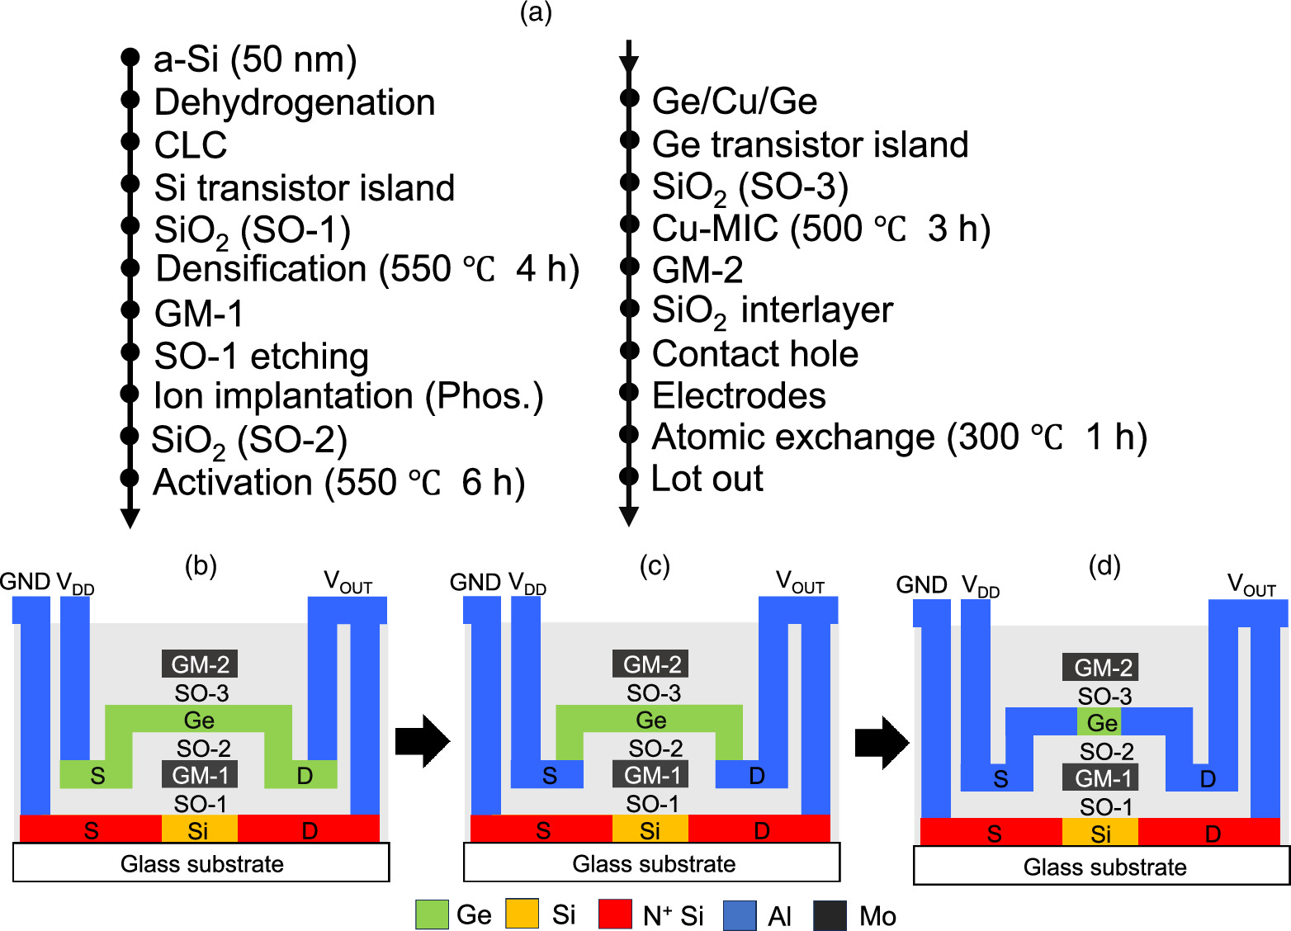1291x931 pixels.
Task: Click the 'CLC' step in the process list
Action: coord(191,145)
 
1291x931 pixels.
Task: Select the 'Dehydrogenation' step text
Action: coord(295,102)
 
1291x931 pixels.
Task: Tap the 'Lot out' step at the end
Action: coord(707,479)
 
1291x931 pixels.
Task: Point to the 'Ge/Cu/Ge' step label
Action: coord(735,102)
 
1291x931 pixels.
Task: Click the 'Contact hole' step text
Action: coord(754,353)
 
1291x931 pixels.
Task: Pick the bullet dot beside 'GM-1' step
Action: coord(130,310)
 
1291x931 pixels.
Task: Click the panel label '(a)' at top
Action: coord(536,12)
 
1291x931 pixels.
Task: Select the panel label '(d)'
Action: coord(1104,566)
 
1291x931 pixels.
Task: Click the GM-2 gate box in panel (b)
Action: coord(200,664)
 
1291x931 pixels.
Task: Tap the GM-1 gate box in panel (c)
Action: coord(651,775)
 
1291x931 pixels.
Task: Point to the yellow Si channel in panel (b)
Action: coord(199,829)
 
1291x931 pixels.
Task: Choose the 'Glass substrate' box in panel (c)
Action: coord(652,863)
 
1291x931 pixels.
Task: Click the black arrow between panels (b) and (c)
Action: coord(422,741)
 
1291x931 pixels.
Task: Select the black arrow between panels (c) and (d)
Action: coord(882,742)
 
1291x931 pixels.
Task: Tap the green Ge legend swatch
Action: coord(432,914)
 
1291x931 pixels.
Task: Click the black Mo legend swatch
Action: coord(830,915)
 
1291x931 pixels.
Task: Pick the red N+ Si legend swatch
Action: coord(615,914)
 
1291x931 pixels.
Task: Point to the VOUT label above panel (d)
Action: coord(1251,585)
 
